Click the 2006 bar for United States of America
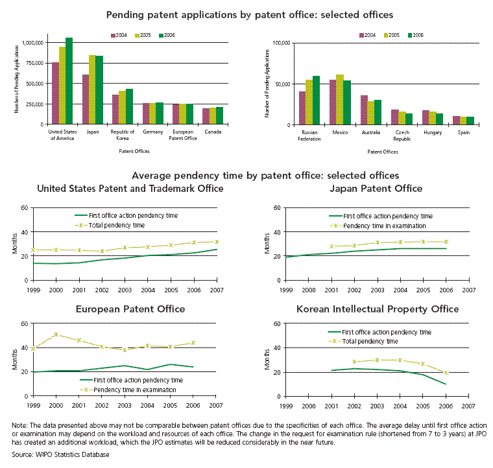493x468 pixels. pos(69,81)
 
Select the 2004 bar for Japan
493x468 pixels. pos(86,99)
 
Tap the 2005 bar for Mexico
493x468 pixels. pos(340,100)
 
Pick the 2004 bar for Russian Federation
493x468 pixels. pos(302,108)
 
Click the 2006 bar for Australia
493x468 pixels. pos(378,112)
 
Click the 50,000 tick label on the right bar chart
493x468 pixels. pos(282,84)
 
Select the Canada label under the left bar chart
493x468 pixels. pos(213,132)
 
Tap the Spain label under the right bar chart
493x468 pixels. pos(464,132)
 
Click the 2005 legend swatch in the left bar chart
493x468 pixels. pos(137,36)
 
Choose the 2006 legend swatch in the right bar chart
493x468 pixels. pos(410,36)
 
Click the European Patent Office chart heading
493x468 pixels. pos(130,309)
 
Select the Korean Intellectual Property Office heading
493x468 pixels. pos(378,309)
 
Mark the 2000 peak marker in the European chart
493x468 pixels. pos(56,334)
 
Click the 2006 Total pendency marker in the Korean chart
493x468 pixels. pos(446,373)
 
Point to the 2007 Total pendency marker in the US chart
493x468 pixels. pos(217,242)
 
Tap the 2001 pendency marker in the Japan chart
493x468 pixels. pos(331,246)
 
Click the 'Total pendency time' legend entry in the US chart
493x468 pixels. pos(110,225)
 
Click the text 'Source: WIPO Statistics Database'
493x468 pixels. pos(61,454)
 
